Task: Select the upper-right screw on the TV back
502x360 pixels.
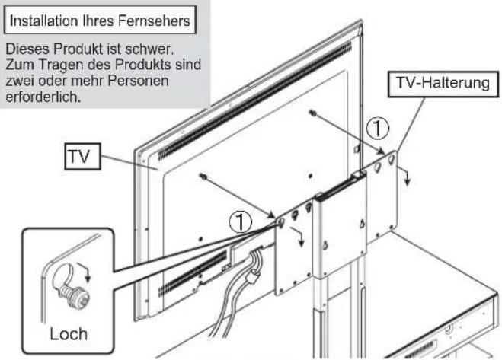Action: click(x=313, y=113)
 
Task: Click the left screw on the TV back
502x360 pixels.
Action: click(x=203, y=177)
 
